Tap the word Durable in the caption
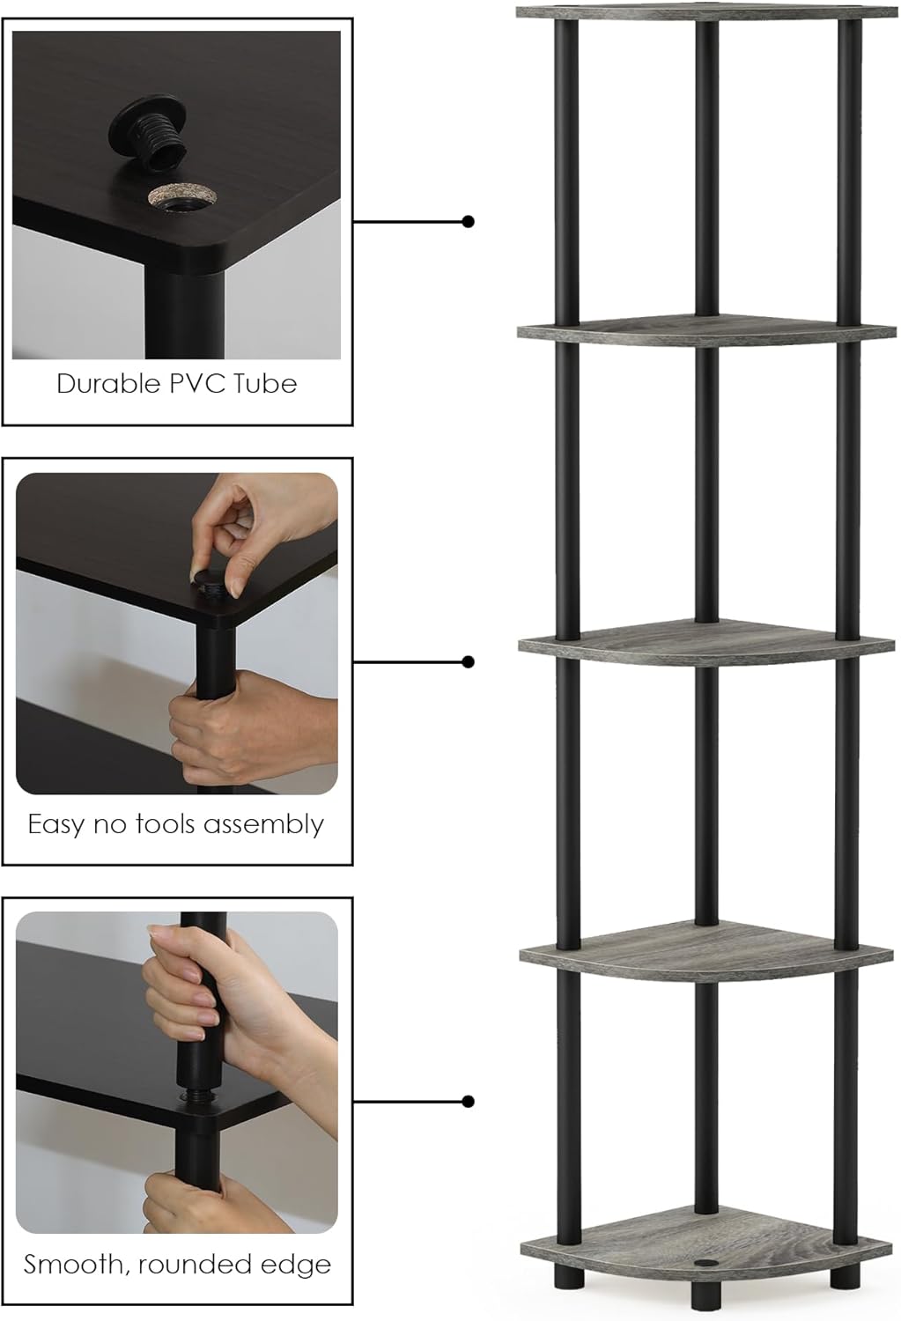108,384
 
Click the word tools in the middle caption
166,823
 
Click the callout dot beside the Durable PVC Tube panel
469,222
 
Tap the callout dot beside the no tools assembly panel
469,661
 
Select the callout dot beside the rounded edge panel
469,1101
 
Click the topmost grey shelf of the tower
706,11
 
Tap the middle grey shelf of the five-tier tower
706,644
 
